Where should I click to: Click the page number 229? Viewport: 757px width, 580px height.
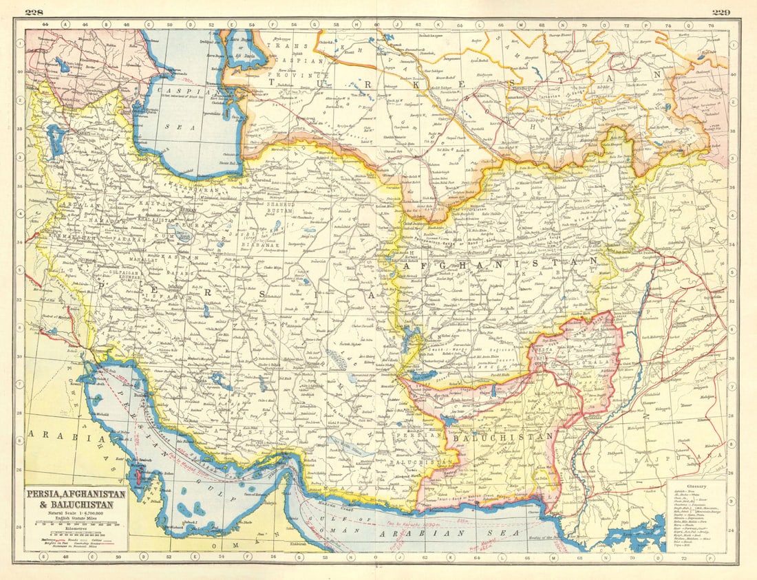click(721, 12)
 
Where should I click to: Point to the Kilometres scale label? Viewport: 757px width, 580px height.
click(75, 531)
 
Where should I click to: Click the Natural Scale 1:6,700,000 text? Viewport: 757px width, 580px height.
click(76, 513)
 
